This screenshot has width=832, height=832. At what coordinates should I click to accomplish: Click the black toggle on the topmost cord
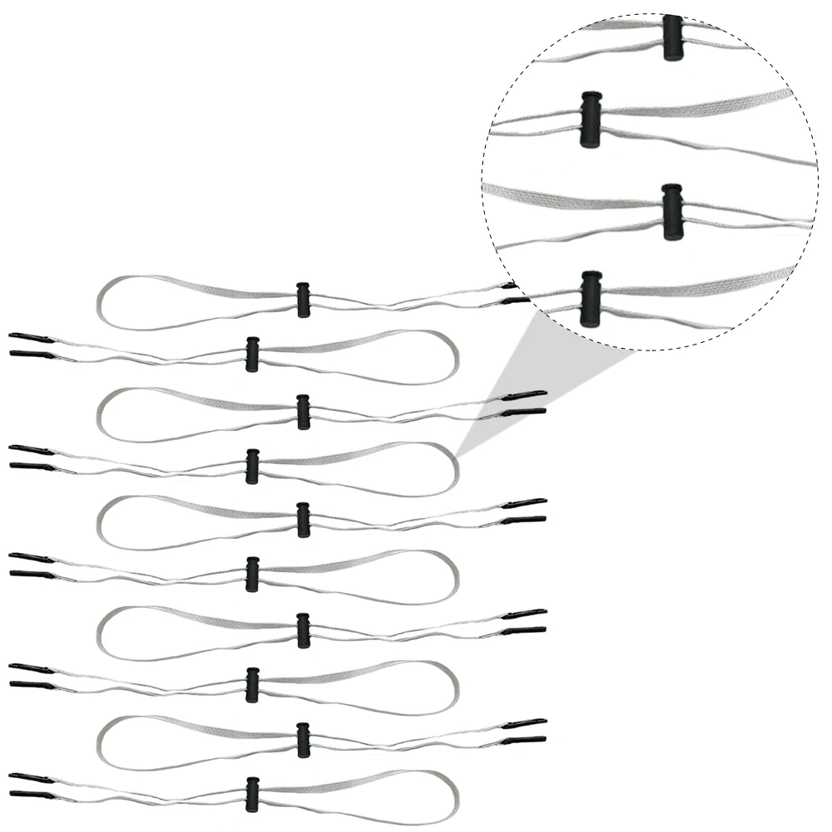click(304, 300)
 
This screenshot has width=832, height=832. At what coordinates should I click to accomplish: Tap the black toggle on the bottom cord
click(252, 795)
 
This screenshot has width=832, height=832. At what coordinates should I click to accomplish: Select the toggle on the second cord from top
click(252, 354)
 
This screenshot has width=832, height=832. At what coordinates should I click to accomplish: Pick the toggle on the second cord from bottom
click(304, 740)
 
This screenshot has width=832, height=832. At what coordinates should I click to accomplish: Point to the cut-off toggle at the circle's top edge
click(673, 37)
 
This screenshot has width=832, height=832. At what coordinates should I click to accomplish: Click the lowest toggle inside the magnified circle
click(590, 298)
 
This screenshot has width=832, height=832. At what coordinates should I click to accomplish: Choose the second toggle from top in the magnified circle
click(590, 120)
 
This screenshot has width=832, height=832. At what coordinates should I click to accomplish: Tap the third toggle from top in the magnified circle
click(673, 211)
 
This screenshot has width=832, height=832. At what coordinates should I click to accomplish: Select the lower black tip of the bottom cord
click(30, 795)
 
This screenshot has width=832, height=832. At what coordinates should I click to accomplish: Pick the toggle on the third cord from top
click(304, 412)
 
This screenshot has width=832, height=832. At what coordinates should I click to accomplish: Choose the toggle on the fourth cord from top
click(252, 466)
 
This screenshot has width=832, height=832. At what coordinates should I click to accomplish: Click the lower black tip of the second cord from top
click(30, 354)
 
